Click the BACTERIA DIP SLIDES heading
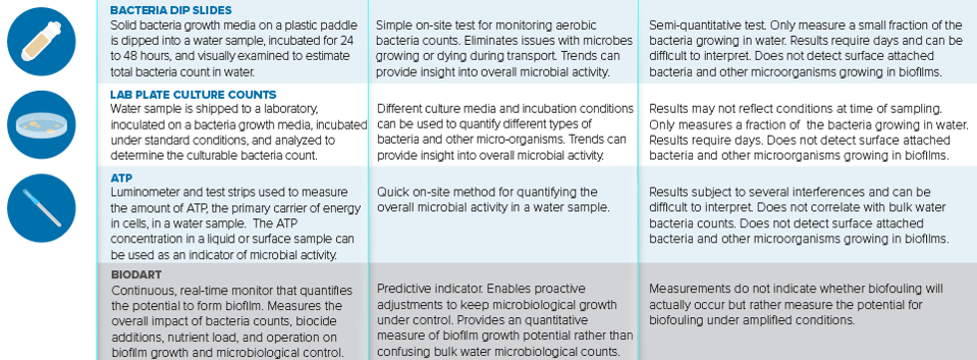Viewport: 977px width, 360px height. pyautogui.click(x=170, y=10)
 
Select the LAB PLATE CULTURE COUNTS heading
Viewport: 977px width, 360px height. pyautogui.click(x=193, y=95)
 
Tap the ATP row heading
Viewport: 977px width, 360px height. pyautogui.click(x=121, y=179)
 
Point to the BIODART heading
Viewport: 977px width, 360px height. pyautogui.click(x=136, y=274)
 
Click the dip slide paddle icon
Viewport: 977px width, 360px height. pyautogui.click(x=41, y=41)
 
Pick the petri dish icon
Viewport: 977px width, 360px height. pyautogui.click(x=41, y=125)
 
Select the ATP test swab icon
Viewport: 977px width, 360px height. pyautogui.click(x=41, y=208)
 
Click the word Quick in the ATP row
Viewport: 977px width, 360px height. pyautogui.click(x=391, y=191)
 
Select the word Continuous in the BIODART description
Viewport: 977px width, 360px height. pyautogui.click(x=141, y=290)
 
